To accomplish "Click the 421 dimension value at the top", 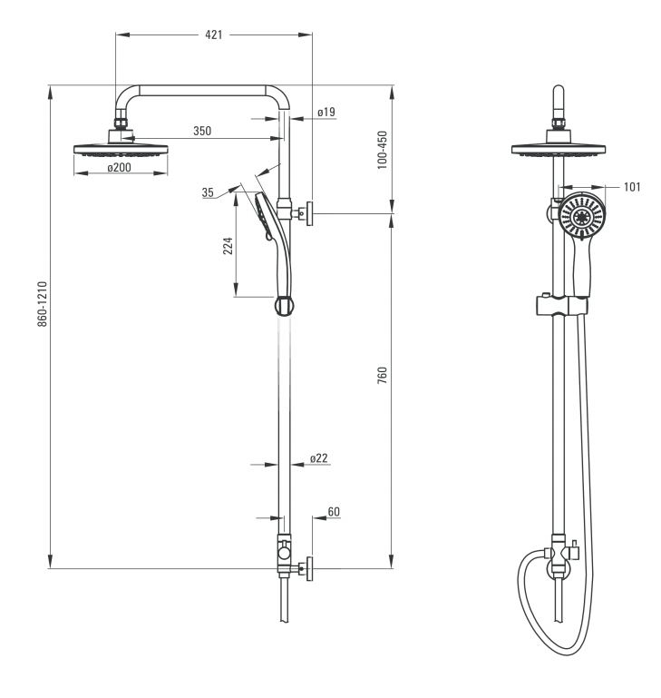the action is [213, 34].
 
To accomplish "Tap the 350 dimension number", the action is [202, 131].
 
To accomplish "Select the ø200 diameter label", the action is [119, 167].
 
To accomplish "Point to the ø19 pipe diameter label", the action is [326, 112].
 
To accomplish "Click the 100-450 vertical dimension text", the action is [382, 150].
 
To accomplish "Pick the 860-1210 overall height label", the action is [43, 303].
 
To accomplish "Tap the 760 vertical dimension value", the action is [382, 375].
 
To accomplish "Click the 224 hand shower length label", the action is [228, 246].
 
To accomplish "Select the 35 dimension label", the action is [208, 192].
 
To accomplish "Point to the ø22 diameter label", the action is [319, 457].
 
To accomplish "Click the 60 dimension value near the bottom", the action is [334, 512].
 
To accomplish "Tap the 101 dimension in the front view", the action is [632, 186].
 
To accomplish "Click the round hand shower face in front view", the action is [582, 216].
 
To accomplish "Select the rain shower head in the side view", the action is [121, 150].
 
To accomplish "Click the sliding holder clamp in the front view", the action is [561, 304].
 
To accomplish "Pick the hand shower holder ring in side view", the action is [284, 306].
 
